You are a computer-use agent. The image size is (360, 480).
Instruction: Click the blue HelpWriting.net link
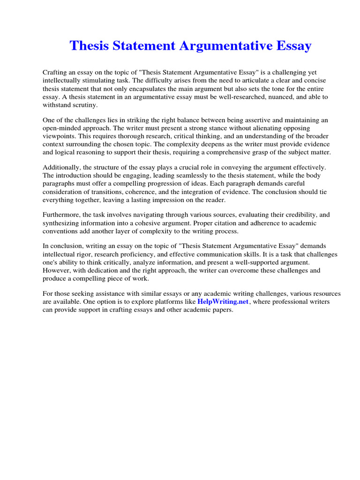pyautogui.click(x=223, y=302)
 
